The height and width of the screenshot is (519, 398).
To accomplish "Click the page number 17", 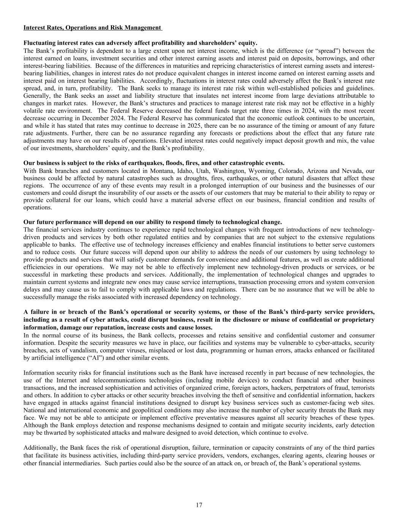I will coord(199,505).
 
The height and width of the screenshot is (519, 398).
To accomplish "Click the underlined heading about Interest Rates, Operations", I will coord(92,28).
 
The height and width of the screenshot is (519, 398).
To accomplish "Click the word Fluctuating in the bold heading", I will coord(39,43).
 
